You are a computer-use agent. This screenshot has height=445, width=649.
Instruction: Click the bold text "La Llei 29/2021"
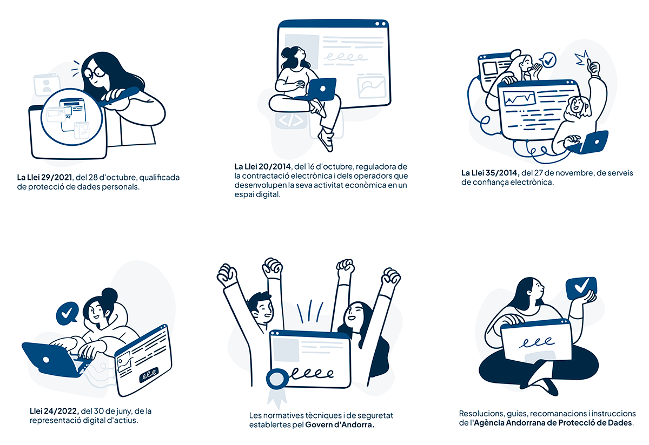tap(44, 177)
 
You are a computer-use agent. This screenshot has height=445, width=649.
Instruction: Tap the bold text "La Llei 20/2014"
tap(262, 167)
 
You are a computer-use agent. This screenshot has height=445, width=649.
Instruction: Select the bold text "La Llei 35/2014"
tap(490, 173)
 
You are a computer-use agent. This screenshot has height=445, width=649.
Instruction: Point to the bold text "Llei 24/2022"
tap(54, 411)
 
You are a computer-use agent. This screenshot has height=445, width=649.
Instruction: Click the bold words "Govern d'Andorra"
tap(340, 424)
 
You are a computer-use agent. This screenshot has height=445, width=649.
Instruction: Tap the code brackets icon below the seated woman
tap(290, 120)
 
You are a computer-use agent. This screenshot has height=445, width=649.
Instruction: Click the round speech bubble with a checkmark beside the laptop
tap(67, 313)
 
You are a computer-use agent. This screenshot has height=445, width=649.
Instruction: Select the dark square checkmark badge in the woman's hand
tap(581, 288)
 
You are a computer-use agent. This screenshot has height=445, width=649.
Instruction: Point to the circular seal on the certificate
tap(277, 379)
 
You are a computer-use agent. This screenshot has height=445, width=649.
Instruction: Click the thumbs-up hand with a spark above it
tap(593, 68)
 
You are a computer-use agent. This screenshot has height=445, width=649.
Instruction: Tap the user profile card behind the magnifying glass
tap(47, 84)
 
